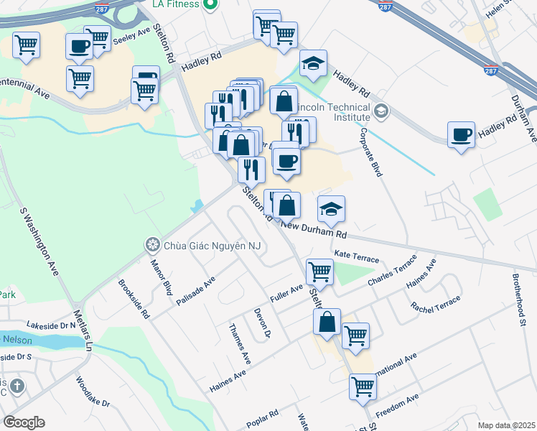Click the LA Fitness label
176,5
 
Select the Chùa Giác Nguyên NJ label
212,246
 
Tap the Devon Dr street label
262,323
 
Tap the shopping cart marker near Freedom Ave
363,386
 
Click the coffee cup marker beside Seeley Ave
79,47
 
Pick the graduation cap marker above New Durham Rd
332,209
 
